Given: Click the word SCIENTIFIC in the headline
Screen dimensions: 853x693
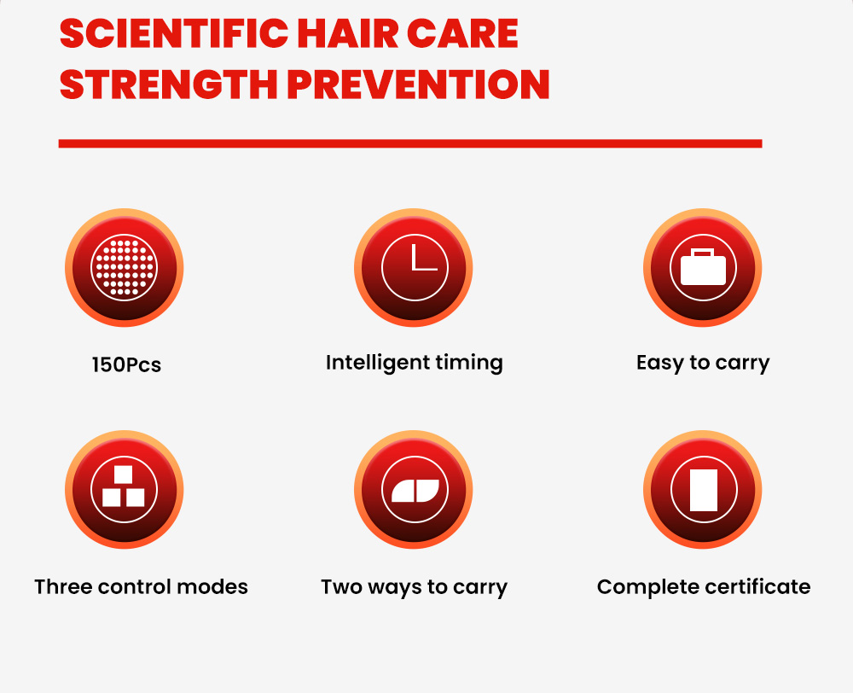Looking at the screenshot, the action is pyautogui.click(x=173, y=34).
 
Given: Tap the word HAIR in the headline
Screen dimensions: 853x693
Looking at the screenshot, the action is pyautogui.click(x=348, y=34).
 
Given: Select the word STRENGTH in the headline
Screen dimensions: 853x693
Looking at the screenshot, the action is pyautogui.click(x=169, y=84).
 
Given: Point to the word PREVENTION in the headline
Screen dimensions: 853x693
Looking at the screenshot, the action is pyautogui.click(x=418, y=84).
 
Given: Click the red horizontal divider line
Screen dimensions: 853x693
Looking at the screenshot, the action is pyautogui.click(x=410, y=143).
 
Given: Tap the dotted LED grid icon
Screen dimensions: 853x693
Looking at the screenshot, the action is pyautogui.click(x=124, y=268).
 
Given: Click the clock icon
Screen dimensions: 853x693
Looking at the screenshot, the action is pyautogui.click(x=414, y=268).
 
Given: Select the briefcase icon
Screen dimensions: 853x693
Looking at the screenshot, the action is pyautogui.click(x=703, y=268).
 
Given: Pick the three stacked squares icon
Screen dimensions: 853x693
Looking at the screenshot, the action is pyautogui.click(x=124, y=489).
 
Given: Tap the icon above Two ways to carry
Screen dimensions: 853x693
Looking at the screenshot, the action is pyautogui.click(x=414, y=489).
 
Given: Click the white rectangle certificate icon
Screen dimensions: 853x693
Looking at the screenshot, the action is pyautogui.click(x=703, y=489).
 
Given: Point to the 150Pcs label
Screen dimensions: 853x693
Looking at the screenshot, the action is pyautogui.click(x=126, y=364).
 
